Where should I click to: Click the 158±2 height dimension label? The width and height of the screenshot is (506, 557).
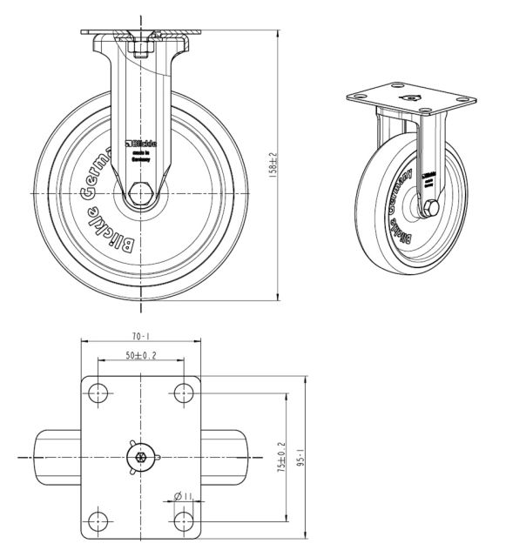pos(273,164)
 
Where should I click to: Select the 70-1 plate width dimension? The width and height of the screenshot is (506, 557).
pos(141,335)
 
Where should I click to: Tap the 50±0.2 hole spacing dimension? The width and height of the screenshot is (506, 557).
pos(141,355)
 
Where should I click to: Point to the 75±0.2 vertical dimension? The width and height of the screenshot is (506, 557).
pos(282,456)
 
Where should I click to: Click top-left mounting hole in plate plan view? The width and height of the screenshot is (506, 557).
pos(98,393)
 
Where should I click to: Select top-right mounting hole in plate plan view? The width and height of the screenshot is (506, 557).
pos(183,393)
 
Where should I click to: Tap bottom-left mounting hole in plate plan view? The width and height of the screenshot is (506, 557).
pos(98,520)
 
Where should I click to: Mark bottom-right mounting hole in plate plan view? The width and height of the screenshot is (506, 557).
pos(183,520)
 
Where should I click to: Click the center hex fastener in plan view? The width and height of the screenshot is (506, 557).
pos(140,456)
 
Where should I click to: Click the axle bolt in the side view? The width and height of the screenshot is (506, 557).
pos(140,192)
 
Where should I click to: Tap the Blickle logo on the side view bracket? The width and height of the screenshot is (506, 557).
pos(140,142)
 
